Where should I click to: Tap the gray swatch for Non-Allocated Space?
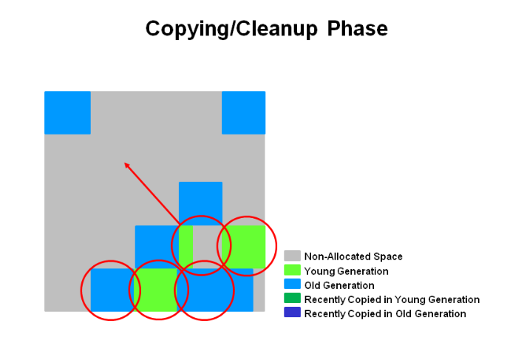point(293,257)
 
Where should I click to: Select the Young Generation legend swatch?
point(293,271)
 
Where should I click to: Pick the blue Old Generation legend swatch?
point(293,285)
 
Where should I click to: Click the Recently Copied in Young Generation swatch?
point(293,299)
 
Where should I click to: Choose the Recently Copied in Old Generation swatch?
point(293,313)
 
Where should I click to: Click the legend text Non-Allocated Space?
point(353,257)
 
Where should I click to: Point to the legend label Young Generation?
point(346,271)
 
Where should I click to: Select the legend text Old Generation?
point(339,285)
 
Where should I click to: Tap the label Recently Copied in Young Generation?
point(392,299)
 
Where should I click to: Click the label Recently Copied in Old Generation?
point(385,313)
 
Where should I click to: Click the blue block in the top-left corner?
point(67,112)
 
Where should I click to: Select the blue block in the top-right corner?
point(243,112)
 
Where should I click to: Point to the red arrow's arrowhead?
point(126,164)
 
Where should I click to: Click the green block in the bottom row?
point(157,289)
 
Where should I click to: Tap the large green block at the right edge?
point(244,246)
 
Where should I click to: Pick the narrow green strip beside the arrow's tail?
point(186,246)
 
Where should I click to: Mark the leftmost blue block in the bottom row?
point(112,289)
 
